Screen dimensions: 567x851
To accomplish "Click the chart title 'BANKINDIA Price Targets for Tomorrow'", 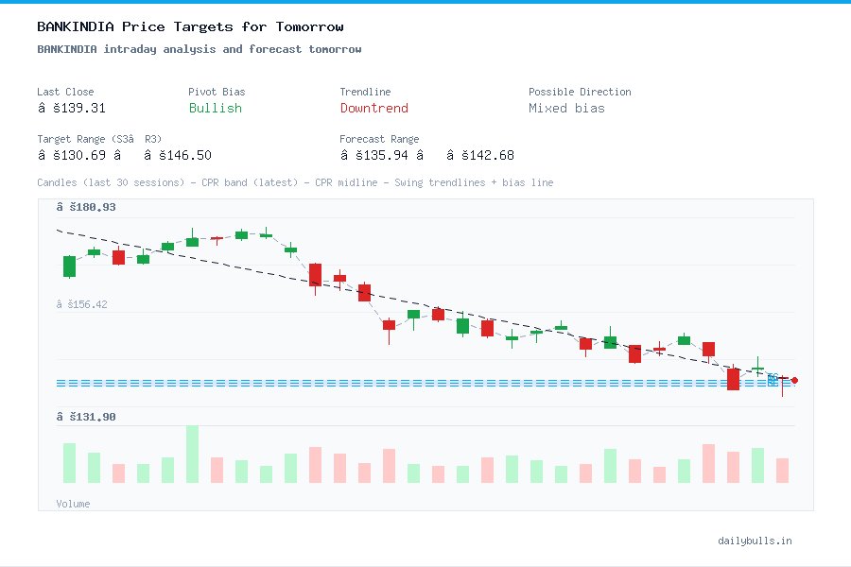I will click(190, 27).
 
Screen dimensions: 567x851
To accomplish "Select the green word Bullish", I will click(215, 109).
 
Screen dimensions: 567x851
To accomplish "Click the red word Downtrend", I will click(373, 109).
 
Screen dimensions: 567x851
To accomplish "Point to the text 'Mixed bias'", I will click(566, 109).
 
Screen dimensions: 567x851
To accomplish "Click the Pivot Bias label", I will click(217, 92).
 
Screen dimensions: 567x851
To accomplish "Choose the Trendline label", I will click(365, 92).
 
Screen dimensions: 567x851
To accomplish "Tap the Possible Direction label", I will click(580, 92).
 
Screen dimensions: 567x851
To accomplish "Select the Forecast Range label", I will click(379, 139).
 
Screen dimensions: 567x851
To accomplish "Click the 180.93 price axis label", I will click(86, 207).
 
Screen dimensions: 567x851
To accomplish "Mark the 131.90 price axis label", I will click(86, 417).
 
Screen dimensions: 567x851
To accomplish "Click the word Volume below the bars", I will click(73, 504).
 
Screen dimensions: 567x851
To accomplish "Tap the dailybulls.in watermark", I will click(755, 541).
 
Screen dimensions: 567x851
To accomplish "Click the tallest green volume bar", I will click(192, 455).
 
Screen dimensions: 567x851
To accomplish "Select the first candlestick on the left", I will click(69, 266).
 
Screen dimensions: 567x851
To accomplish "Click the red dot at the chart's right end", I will click(794, 380).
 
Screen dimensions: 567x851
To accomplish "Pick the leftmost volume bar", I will click(69, 463).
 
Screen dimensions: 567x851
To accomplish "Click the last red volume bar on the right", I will click(782, 471).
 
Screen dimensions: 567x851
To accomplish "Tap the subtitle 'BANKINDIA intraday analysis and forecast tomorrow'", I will click(199, 49).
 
